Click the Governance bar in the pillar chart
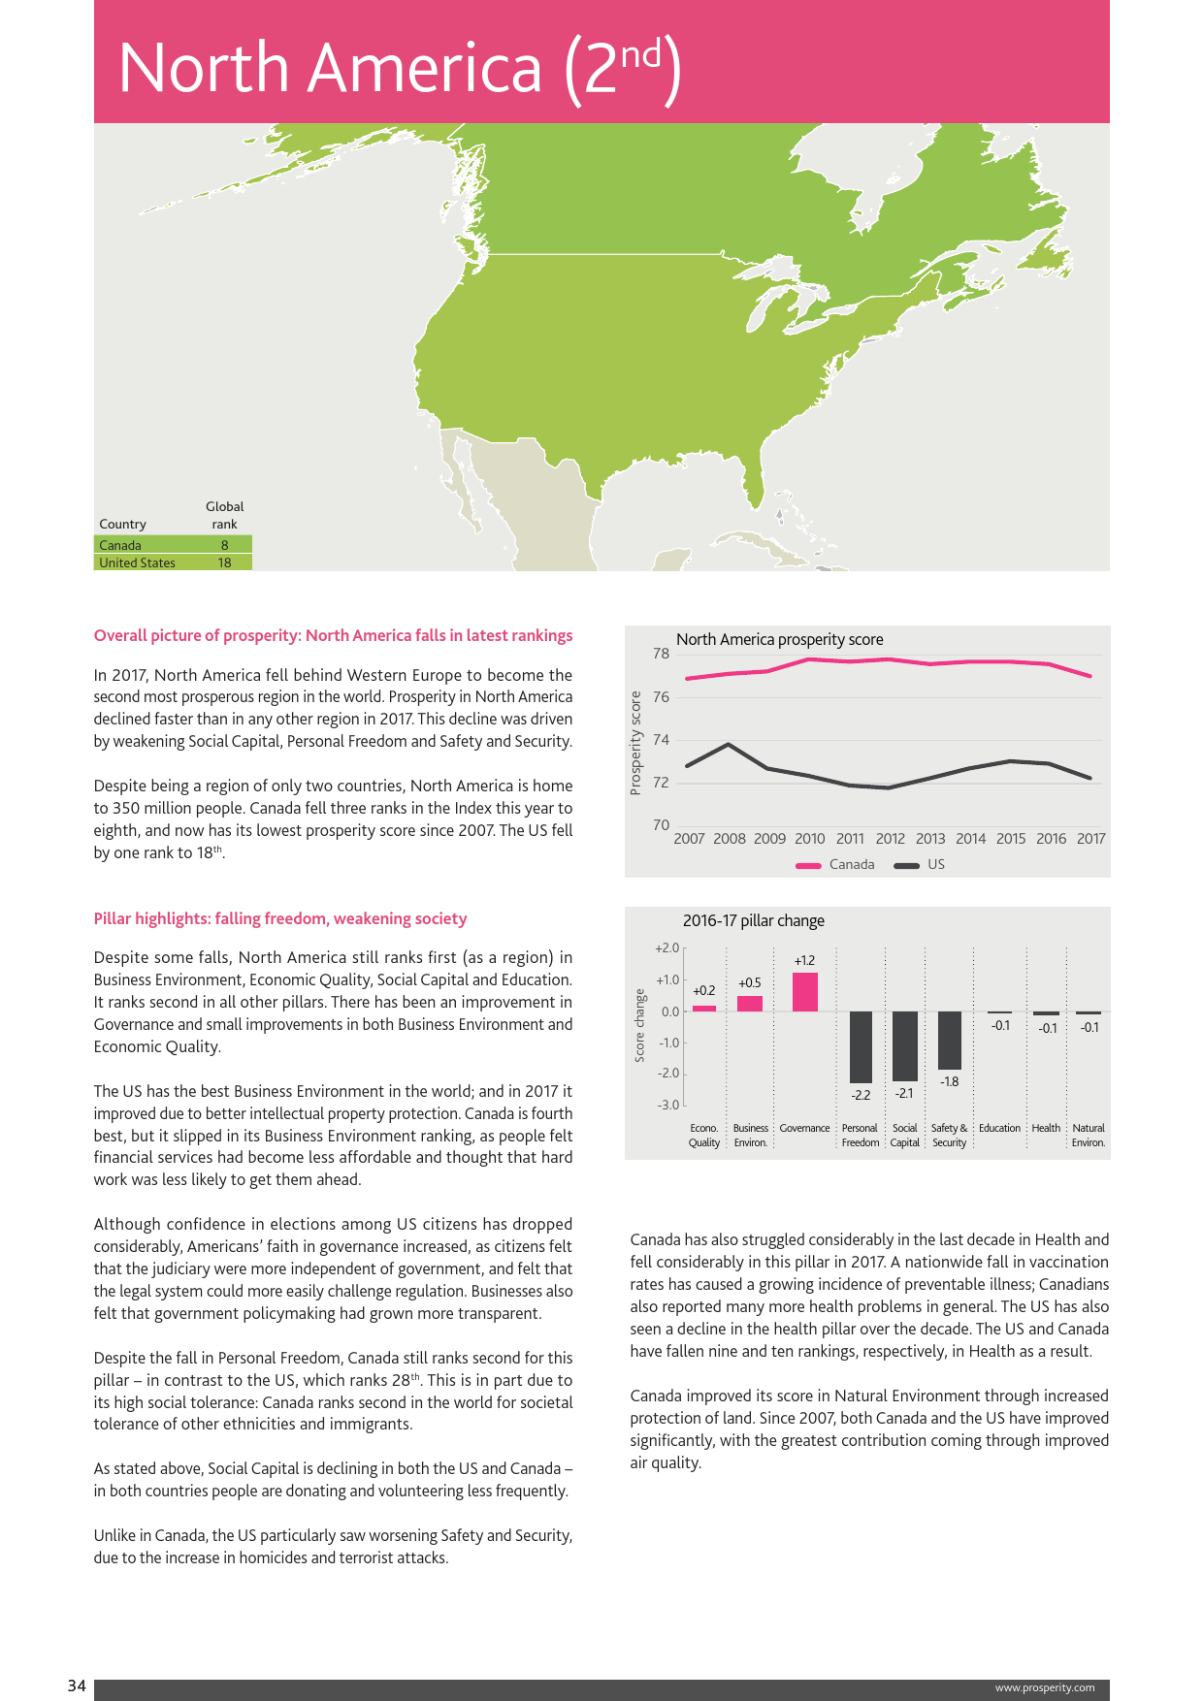coord(804,992)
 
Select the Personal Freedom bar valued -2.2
coord(861,1047)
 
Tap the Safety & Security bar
coord(950,1041)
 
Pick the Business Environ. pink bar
coord(750,1004)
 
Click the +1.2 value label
coord(804,961)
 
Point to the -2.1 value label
coord(904,1093)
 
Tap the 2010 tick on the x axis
coord(810,839)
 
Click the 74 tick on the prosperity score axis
coord(661,740)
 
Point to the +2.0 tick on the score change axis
coord(667,948)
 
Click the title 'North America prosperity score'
coord(779,640)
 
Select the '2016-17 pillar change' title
coord(753,921)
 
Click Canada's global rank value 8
coord(224,545)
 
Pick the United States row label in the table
coord(137,562)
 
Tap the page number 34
coord(77,1686)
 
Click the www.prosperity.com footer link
coord(1044,1687)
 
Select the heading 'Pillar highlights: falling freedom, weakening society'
coord(279,918)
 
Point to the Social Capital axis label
coord(904,1136)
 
